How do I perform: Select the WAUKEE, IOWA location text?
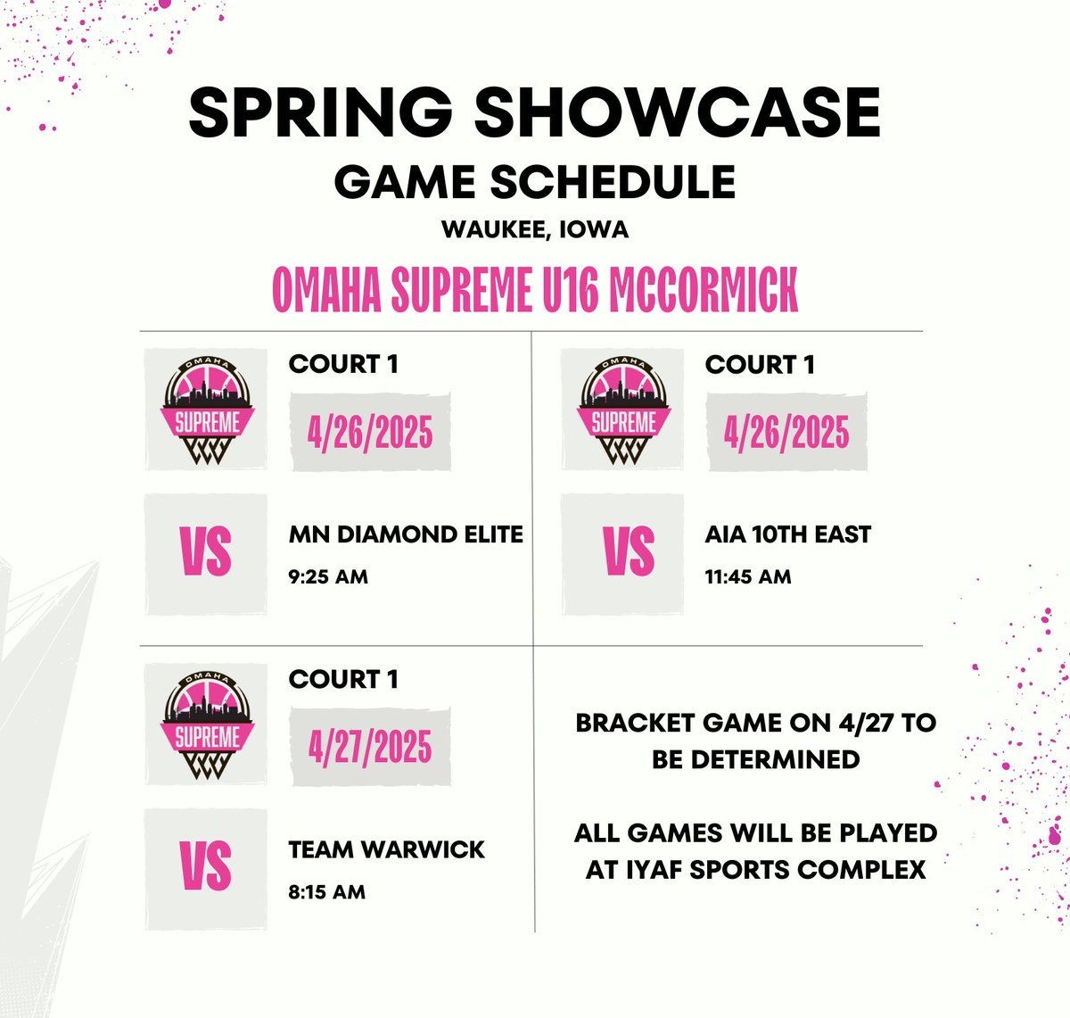[535, 229]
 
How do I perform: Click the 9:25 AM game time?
[328, 576]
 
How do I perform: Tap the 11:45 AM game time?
[747, 576]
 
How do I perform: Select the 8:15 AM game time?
[326, 891]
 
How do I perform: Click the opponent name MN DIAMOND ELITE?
[406, 534]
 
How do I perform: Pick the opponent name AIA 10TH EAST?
[787, 534]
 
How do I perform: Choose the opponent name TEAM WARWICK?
[386, 849]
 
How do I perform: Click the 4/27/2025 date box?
[370, 747]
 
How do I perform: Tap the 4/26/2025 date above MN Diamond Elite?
[370, 433]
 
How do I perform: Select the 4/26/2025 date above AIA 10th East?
[786, 433]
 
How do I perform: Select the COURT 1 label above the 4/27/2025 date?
[343, 679]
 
